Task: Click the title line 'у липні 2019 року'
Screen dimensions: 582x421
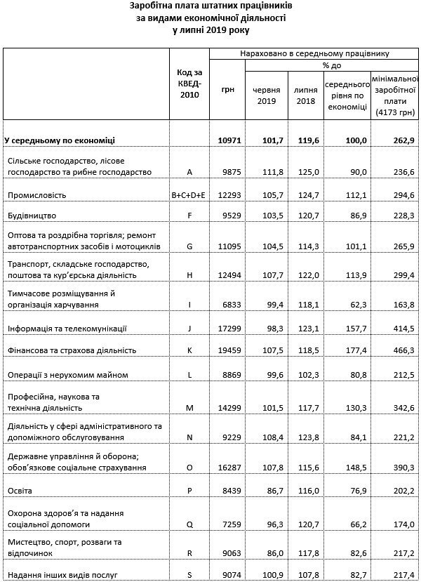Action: point(210,30)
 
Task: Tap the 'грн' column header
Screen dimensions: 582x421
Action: point(227,91)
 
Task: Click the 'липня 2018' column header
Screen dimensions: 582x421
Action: point(305,95)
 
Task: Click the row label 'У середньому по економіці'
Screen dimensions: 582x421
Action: point(60,140)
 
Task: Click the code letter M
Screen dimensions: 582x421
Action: point(189,407)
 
